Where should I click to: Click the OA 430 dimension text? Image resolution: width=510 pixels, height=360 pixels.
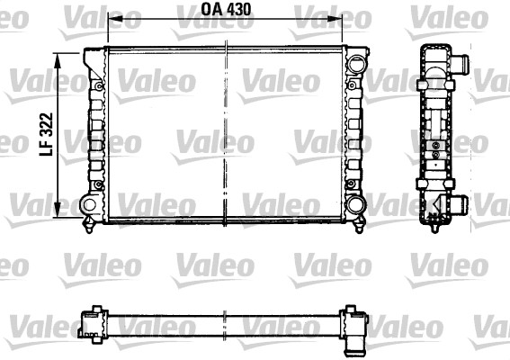(225, 12)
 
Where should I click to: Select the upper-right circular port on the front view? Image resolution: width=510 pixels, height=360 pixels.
(357, 64)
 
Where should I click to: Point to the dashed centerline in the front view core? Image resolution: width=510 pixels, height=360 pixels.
(226, 135)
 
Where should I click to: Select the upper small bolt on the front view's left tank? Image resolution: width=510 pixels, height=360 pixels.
(94, 85)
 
